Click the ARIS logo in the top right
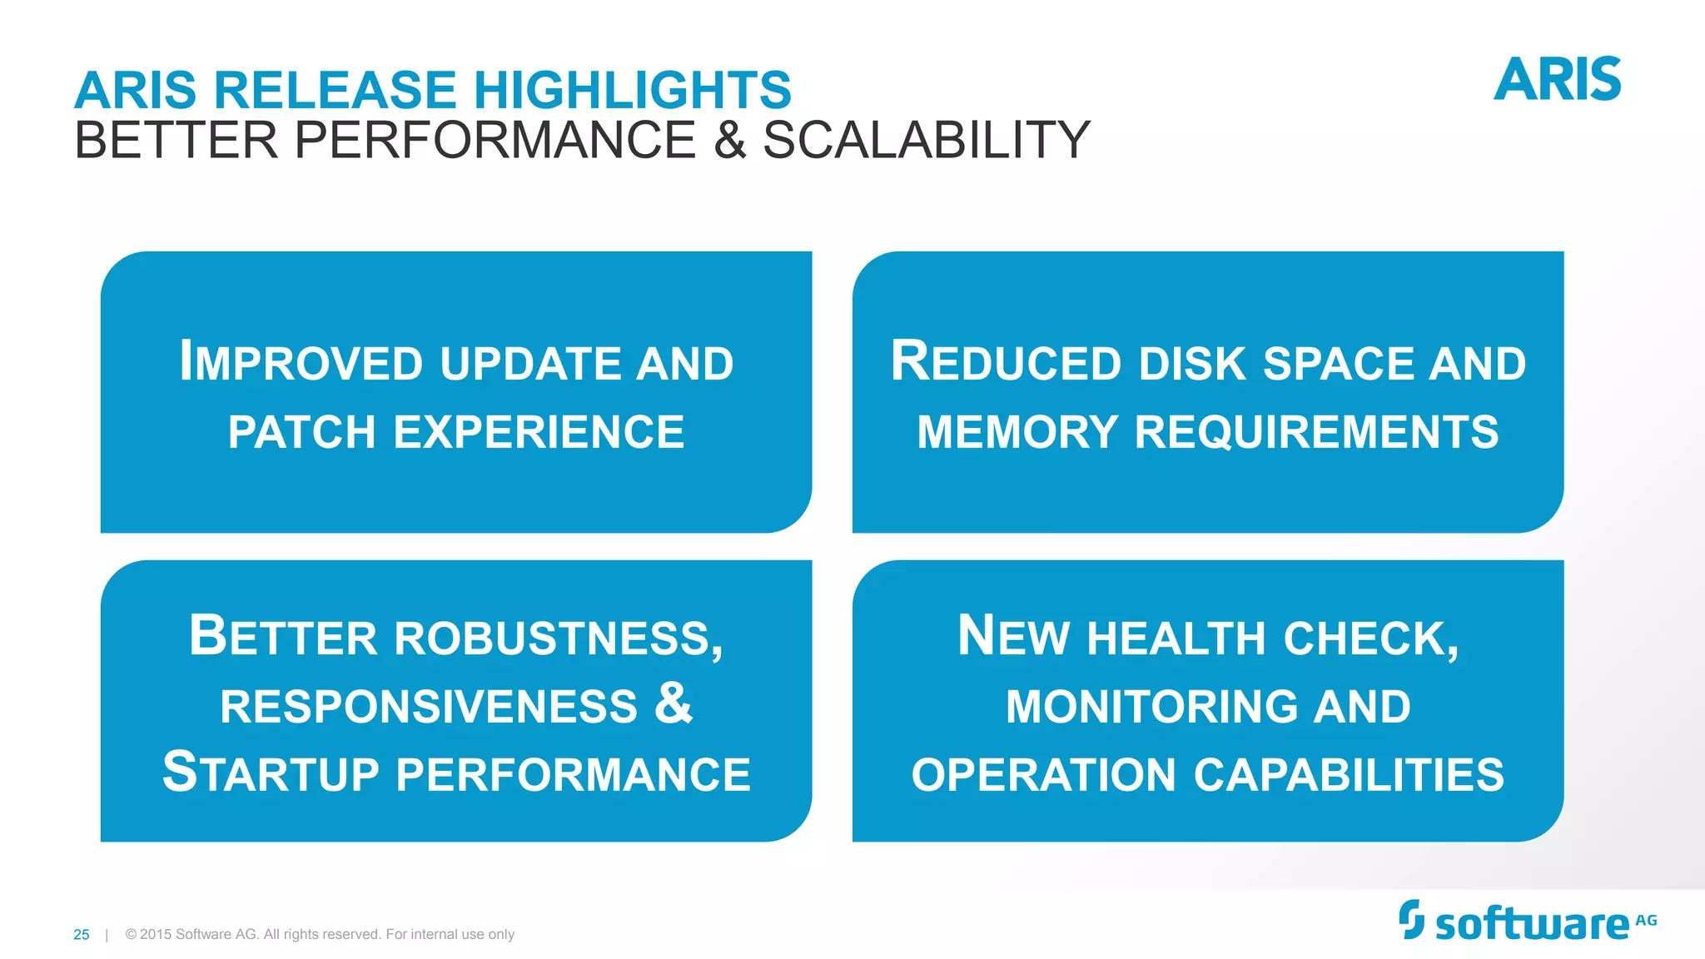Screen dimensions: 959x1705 click(x=1557, y=80)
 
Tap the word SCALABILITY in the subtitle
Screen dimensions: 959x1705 click(x=926, y=140)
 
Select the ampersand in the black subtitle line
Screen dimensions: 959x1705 click(x=729, y=140)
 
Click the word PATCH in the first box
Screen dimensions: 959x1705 click(x=301, y=433)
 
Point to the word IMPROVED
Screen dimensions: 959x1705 click(x=301, y=363)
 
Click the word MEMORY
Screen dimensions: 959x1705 click(x=1017, y=433)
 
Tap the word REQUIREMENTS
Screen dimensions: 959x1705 click(x=1316, y=433)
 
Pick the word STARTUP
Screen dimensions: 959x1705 click(x=271, y=773)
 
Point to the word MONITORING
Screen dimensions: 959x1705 click(x=1151, y=707)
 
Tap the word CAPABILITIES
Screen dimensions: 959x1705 click(x=1349, y=775)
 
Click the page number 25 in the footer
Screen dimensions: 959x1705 click(x=81, y=935)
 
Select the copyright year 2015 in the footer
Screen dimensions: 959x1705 click(x=156, y=935)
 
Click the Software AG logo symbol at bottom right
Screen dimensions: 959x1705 click(x=1411, y=919)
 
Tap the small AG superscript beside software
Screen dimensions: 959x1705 click(x=1646, y=921)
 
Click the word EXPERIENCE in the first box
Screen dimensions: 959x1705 click(x=539, y=433)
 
